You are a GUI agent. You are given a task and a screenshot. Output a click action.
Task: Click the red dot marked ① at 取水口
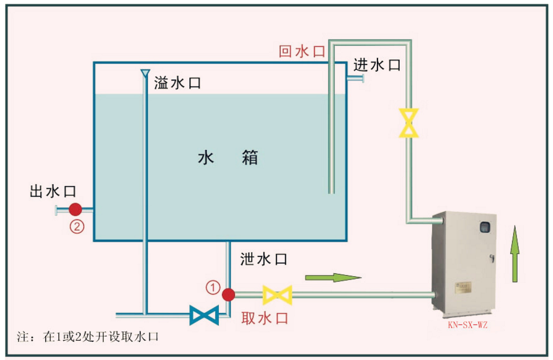(228, 294)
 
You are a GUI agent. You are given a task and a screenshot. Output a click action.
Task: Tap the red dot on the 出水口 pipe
(76, 209)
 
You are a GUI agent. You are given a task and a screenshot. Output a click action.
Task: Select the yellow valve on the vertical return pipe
(409, 123)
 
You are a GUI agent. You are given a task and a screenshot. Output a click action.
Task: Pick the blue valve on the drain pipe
(204, 315)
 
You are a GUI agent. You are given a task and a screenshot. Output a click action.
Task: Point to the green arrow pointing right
(333, 277)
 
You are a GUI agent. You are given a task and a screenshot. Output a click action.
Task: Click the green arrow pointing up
(515, 255)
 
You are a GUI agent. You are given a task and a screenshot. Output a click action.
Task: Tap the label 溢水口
(177, 83)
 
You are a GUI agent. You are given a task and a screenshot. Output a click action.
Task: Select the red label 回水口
(302, 51)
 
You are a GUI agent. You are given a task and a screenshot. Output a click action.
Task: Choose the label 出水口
(53, 191)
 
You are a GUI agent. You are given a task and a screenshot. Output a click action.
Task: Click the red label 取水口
(265, 318)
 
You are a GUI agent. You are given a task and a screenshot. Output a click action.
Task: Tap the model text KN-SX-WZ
(467, 324)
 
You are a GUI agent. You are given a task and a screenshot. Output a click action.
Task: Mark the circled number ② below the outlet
(76, 227)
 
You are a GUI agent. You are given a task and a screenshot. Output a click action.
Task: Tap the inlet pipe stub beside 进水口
(355, 78)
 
